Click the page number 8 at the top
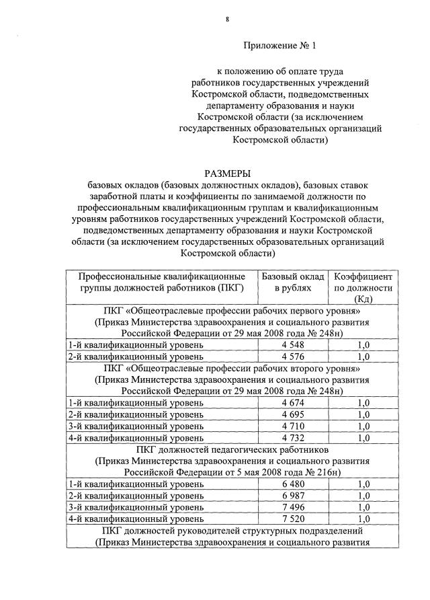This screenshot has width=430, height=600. pyautogui.click(x=228, y=20)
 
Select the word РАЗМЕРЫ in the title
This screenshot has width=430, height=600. pyautogui.click(x=228, y=173)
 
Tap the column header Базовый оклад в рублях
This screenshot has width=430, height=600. pyautogui.click(x=292, y=283)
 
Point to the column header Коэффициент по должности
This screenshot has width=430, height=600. pyautogui.click(x=363, y=288)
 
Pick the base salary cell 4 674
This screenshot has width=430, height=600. pyautogui.click(x=293, y=403)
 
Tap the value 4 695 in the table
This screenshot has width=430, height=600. pyautogui.click(x=293, y=414)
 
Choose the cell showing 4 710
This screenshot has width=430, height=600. pyautogui.click(x=293, y=426)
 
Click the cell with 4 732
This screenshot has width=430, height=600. pyautogui.click(x=293, y=438)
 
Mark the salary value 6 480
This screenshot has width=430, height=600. pyautogui.click(x=293, y=484)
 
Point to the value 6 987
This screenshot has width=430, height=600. pyautogui.click(x=293, y=496)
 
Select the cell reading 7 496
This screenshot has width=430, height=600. pyautogui.click(x=293, y=507)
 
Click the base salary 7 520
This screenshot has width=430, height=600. pyautogui.click(x=293, y=519)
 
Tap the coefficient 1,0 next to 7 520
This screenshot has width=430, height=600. pyautogui.click(x=363, y=519)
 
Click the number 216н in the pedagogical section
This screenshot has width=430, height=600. pyautogui.click(x=329, y=472)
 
